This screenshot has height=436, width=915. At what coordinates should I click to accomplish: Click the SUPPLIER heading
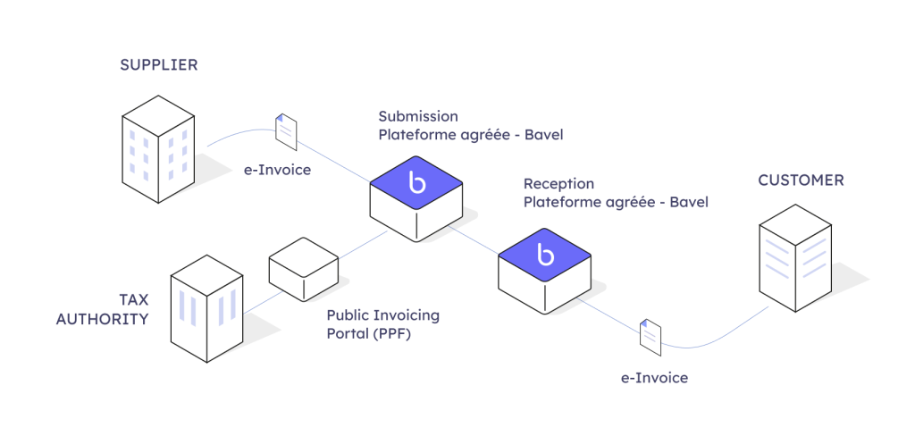158,65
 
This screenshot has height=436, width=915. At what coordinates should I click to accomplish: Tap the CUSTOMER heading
801,180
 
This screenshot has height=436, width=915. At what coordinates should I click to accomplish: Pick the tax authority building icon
206,308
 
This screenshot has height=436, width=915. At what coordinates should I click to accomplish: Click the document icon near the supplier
286,131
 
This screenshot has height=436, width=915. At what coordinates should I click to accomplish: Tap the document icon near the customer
651,336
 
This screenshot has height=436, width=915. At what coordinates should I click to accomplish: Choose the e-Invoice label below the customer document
654,378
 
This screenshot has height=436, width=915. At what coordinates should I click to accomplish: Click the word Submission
418,116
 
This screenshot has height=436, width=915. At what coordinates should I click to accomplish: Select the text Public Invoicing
382,315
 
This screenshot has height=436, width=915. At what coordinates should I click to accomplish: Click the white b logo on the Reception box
545,254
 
